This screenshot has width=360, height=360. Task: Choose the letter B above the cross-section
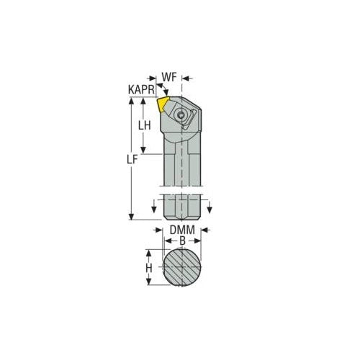181,241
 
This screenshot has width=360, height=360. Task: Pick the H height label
148,267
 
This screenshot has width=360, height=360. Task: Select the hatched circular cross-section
181,267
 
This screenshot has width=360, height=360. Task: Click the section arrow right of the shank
209,209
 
